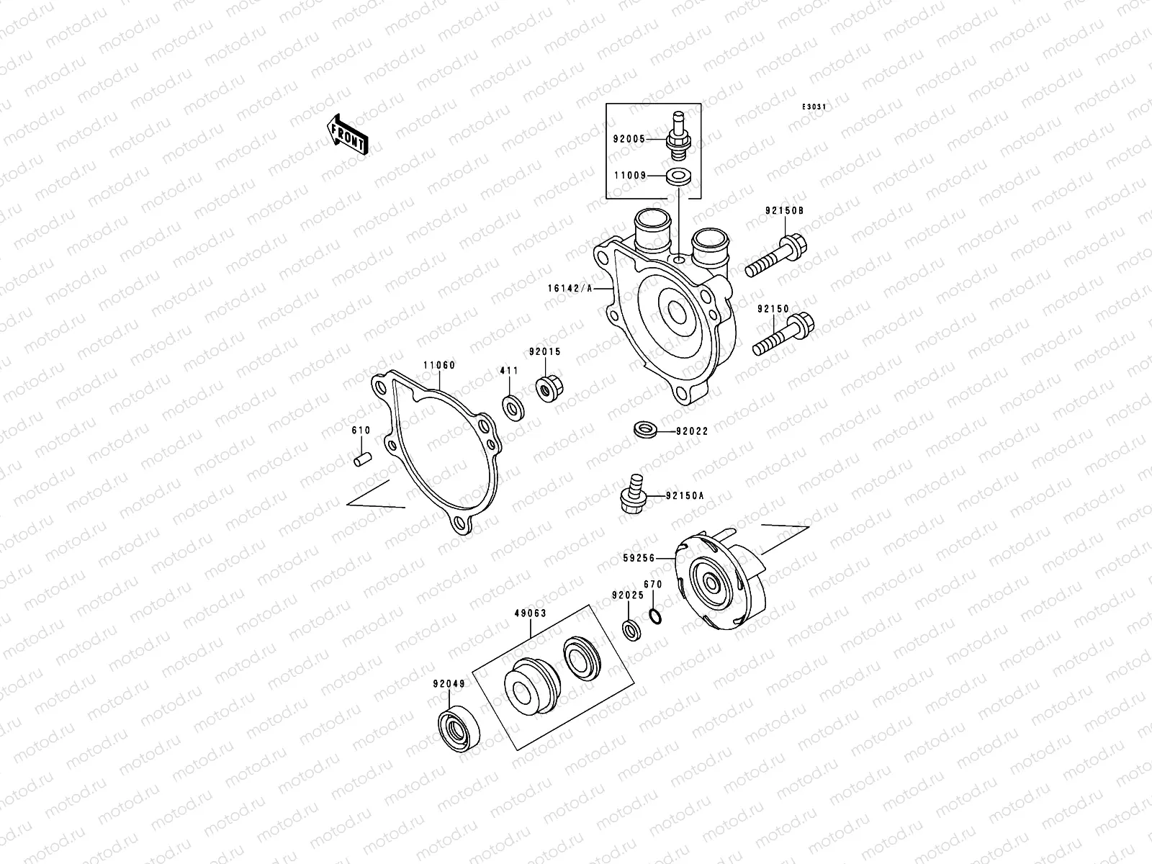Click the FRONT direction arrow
[x=348, y=135]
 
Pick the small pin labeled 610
[x=363, y=458]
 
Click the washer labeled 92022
[x=645, y=431]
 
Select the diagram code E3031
[x=814, y=107]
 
